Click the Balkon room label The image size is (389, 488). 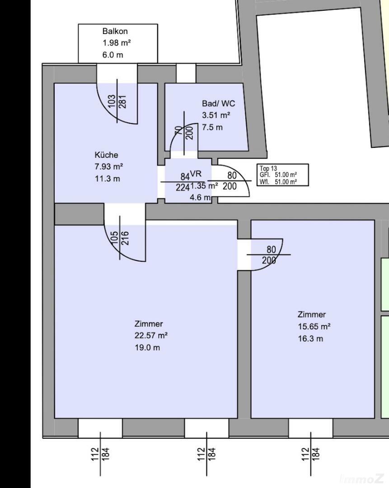[115, 31]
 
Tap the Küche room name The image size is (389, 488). [106, 155]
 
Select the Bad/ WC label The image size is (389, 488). [218, 103]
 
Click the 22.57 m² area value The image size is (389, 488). [151, 336]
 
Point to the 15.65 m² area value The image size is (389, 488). [314, 327]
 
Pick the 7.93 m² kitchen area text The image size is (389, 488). [109, 166]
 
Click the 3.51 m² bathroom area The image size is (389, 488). [216, 115]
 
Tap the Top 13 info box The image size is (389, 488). [283, 175]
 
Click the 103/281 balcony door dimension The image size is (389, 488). [117, 101]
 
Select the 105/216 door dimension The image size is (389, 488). [120, 238]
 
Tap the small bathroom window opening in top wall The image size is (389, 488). [186, 73]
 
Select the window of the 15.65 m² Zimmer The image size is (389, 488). [310, 428]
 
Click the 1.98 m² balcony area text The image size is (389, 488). [117, 43]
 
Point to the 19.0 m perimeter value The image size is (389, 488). [147, 347]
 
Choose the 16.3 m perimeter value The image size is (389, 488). [311, 339]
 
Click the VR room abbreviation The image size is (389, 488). [196, 174]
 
